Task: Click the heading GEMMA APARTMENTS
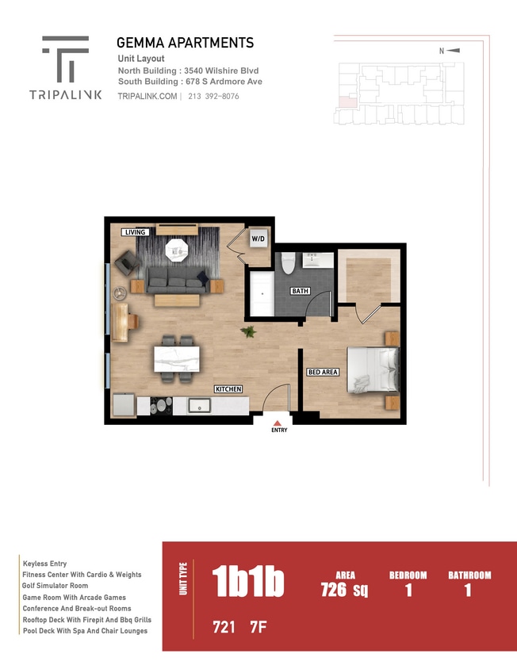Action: coord(185,43)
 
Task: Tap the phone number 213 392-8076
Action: coord(213,96)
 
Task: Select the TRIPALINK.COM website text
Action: coord(147,96)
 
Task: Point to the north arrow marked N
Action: coord(451,51)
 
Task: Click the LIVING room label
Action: coord(134,232)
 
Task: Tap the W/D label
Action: coord(258,239)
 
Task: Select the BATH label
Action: coord(300,291)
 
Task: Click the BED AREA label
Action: coord(323,372)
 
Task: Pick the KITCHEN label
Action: coord(228,389)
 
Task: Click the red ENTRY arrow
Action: coord(278,422)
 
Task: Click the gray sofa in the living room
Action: coord(177,277)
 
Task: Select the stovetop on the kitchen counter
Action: coord(161,406)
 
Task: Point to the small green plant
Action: coord(249,331)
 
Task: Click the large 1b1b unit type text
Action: coord(248,583)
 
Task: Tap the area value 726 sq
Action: coord(344,589)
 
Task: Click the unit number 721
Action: coord(224,627)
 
